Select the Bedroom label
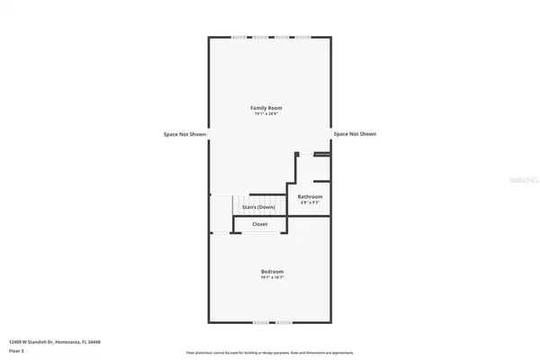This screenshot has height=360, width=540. [272, 272]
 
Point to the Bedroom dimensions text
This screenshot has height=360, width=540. [272, 278]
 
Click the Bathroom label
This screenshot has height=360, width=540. [310, 196]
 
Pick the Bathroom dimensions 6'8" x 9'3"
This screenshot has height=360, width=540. [310, 202]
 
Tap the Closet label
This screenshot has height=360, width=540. [259, 224]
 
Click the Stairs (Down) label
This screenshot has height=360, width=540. [258, 207]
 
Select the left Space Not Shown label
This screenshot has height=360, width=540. [185, 134]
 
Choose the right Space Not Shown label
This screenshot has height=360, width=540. [355, 134]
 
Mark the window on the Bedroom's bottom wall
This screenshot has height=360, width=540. [272, 322]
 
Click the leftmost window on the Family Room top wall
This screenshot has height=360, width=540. [239, 37]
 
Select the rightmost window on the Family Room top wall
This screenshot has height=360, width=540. [303, 37]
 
